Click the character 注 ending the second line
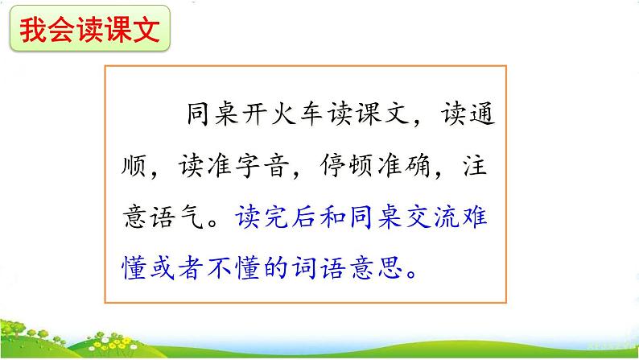tap(482, 166)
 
